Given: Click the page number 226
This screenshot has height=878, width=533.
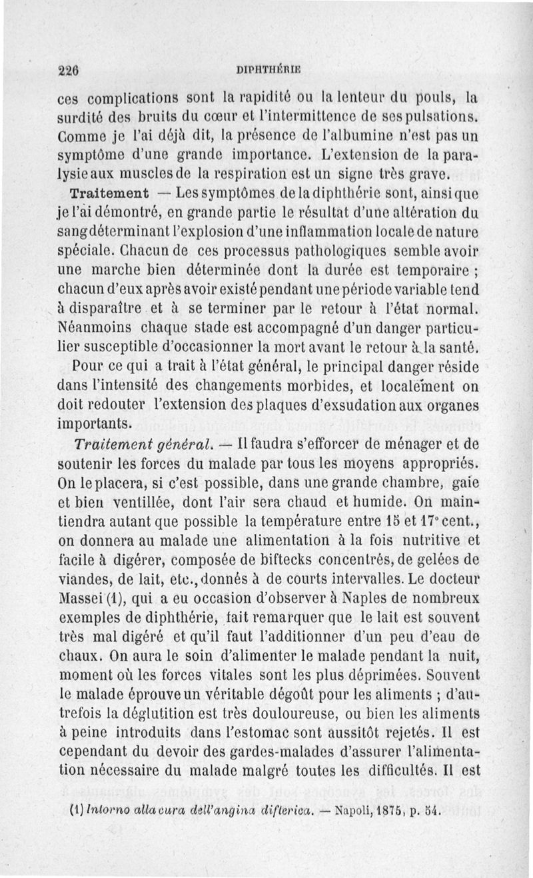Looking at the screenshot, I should point(69,69).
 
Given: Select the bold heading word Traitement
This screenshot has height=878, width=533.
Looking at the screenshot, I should point(108,194).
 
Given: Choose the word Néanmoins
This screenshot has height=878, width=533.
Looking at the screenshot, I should point(92,327).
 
